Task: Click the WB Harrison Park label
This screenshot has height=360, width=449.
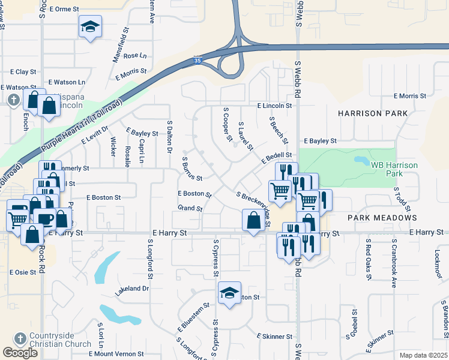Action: click(x=394, y=169)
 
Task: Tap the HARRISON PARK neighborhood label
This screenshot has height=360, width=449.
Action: click(x=372, y=113)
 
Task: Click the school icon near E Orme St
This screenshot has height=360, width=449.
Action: click(x=90, y=27)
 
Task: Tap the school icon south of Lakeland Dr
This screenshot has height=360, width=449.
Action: click(x=229, y=293)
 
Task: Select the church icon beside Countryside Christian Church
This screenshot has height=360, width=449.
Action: click(x=20, y=338)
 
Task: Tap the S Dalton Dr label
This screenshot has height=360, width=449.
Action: click(x=170, y=135)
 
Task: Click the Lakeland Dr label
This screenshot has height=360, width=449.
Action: click(x=131, y=289)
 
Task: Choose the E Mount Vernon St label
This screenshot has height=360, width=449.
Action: click(x=113, y=354)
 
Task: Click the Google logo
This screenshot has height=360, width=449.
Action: click(x=20, y=353)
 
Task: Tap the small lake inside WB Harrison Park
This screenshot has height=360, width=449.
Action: click(x=362, y=161)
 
